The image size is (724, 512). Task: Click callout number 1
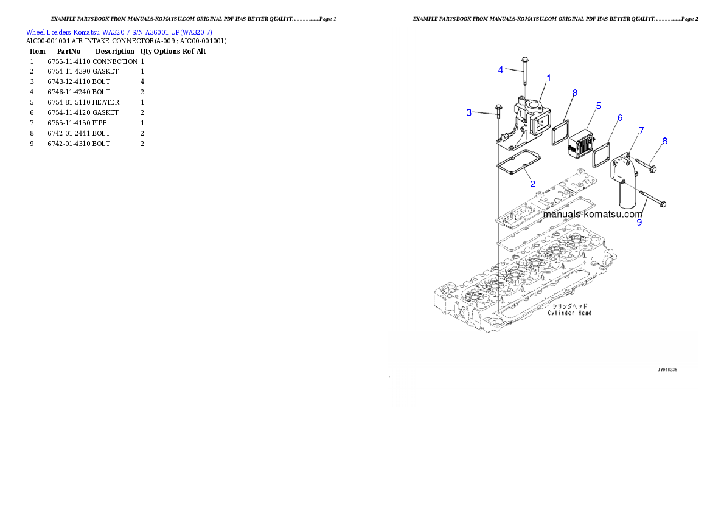pos(548,78)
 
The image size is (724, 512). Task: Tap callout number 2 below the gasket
pos(532,183)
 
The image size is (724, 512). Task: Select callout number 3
pos(469,112)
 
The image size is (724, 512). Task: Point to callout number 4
pos(501,69)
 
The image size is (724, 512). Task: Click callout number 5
pos(599,106)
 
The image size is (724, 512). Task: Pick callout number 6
pos(620,117)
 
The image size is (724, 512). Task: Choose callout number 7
pos(641,130)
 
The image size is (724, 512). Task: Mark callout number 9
pos(639,222)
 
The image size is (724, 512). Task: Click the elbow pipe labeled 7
pos(627,182)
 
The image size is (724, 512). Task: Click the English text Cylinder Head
pos(569,313)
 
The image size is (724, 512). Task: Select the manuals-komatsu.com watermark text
pos(593,214)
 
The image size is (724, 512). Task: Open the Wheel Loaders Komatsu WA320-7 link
pos(119,32)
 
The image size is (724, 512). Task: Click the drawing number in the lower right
pos(667,369)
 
